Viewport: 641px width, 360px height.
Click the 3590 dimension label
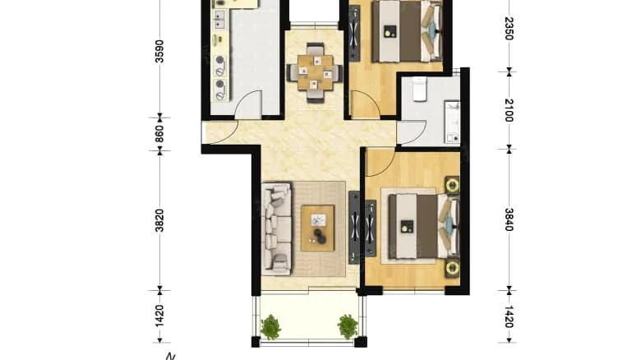(159, 51)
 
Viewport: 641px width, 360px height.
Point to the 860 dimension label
(159, 134)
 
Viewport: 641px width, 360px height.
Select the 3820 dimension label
(159, 220)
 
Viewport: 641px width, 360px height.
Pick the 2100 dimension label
(509, 108)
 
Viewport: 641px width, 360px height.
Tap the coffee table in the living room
(317, 228)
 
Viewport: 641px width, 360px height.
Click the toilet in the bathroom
(418, 88)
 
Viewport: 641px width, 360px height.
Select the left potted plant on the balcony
(270, 326)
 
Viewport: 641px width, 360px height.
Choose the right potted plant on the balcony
(348, 326)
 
